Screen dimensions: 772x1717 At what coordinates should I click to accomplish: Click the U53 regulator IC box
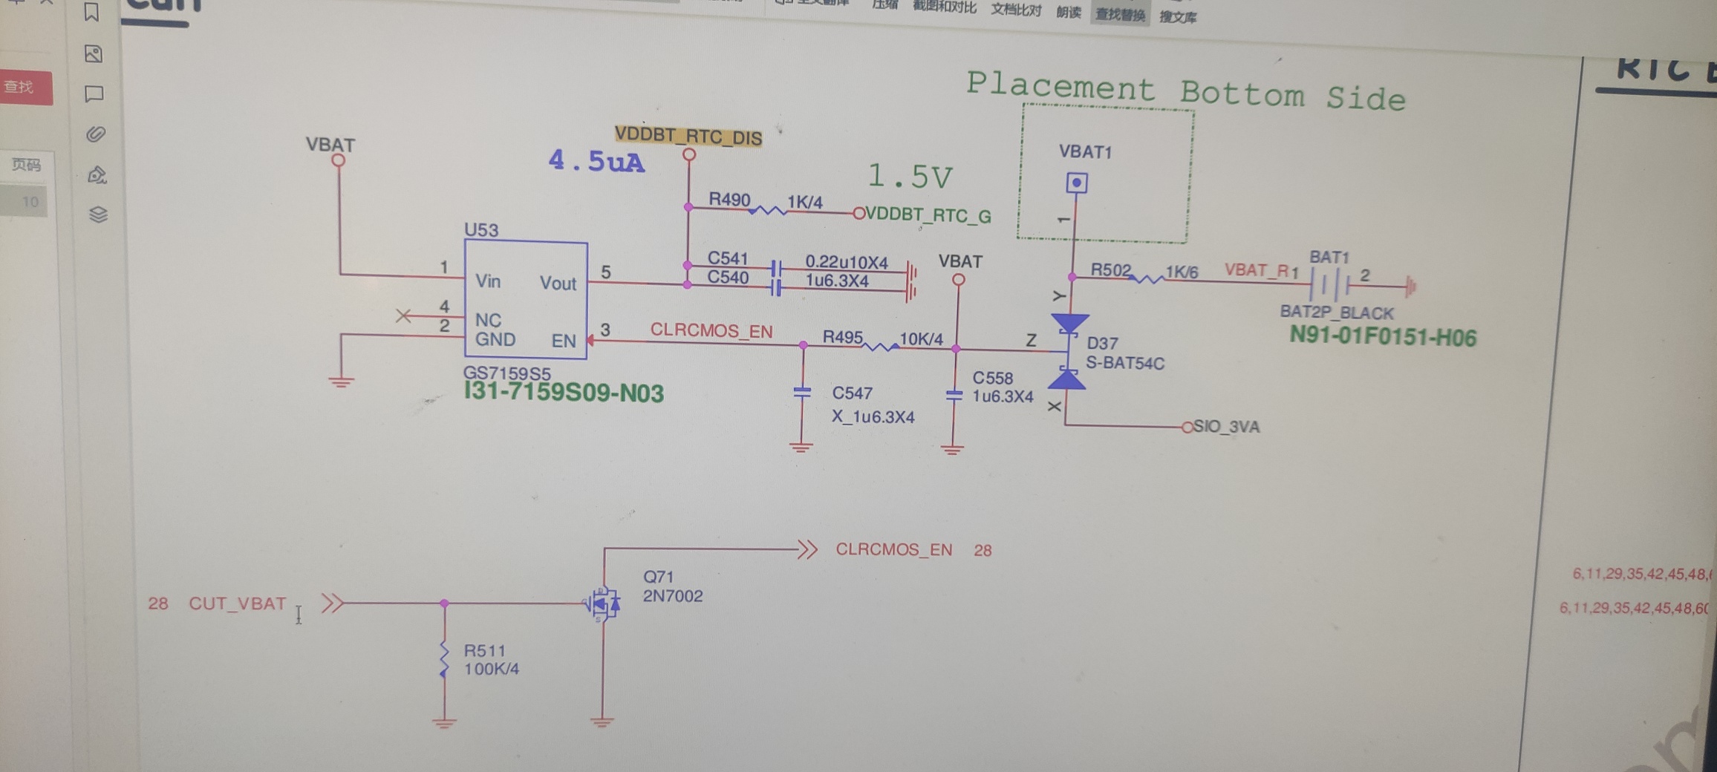coord(526,301)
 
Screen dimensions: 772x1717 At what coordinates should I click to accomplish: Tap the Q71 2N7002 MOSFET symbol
coord(603,603)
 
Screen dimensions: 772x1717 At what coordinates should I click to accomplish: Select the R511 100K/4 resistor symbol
coord(444,660)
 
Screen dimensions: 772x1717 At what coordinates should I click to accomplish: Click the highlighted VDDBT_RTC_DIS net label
coord(688,137)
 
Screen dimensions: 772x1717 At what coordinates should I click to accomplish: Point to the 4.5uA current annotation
coord(596,161)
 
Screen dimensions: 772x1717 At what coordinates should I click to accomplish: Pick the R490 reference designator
coord(729,199)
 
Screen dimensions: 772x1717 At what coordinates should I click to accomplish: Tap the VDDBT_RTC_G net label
coord(928,215)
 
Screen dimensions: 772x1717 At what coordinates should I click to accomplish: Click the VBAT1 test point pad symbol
coord(1076,183)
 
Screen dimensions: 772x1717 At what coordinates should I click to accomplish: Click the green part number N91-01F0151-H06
coord(1382,337)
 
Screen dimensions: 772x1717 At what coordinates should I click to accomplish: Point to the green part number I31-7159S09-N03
coord(563,392)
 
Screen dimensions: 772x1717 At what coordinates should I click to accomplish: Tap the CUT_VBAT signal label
coord(237,603)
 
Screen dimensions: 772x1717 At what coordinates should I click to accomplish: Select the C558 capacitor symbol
coord(954,396)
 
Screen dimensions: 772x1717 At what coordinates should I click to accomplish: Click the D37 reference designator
coord(1102,343)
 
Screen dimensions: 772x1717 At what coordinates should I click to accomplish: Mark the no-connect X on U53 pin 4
coord(403,316)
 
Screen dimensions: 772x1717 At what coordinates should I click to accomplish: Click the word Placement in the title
coord(1060,86)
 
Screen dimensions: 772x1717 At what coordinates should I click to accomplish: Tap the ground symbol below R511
coord(444,722)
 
